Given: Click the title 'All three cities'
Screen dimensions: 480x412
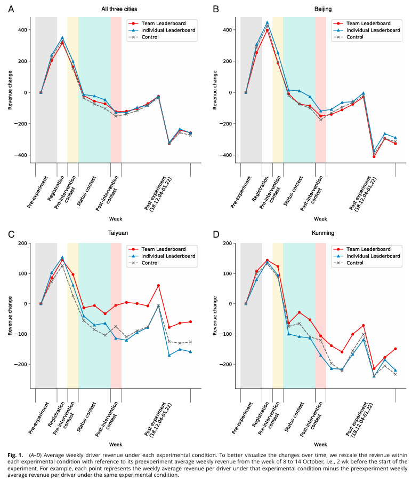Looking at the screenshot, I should click(x=118, y=9).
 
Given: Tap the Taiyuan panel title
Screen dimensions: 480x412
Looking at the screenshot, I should click(x=118, y=233).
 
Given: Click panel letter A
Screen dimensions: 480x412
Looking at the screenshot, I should click(x=11, y=9).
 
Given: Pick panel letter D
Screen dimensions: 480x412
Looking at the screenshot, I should click(x=216, y=233).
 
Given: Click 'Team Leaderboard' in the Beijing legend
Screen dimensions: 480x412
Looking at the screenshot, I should click(x=368, y=23).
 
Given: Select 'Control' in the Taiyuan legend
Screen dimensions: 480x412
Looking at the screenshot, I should click(x=155, y=263).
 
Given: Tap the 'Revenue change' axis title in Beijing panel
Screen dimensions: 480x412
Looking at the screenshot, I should click(x=215, y=92).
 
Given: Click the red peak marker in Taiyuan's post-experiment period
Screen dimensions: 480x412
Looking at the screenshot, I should click(x=158, y=286).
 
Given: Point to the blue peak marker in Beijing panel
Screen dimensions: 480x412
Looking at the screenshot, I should click(x=268, y=22).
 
